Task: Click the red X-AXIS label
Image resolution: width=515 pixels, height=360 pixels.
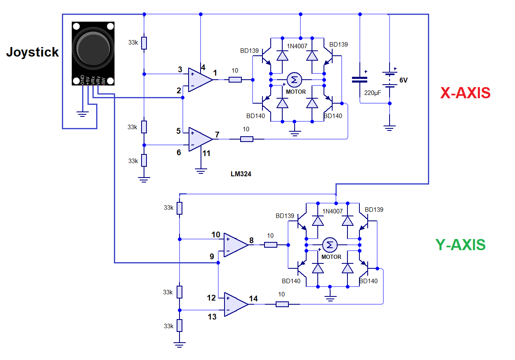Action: pos(465,93)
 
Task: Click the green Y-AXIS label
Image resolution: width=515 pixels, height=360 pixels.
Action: pos(460,245)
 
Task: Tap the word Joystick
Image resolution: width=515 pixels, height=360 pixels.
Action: pos(32,52)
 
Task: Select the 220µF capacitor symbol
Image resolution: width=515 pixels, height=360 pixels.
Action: pos(359,79)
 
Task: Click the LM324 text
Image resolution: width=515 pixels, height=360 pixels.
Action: pos(241,174)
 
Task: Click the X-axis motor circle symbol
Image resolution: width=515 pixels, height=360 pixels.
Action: pos(294,79)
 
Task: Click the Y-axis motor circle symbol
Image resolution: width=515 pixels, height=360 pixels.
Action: pos(330,245)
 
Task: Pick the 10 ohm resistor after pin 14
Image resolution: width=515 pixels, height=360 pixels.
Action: pos(282,304)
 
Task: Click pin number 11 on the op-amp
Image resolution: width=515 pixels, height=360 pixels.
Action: pos(206,153)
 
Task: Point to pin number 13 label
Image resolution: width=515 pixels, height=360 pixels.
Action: pos(212,317)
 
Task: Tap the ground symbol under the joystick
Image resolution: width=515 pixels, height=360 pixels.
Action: pos(83,113)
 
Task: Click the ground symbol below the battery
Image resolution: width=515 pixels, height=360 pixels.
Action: pos(389,128)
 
